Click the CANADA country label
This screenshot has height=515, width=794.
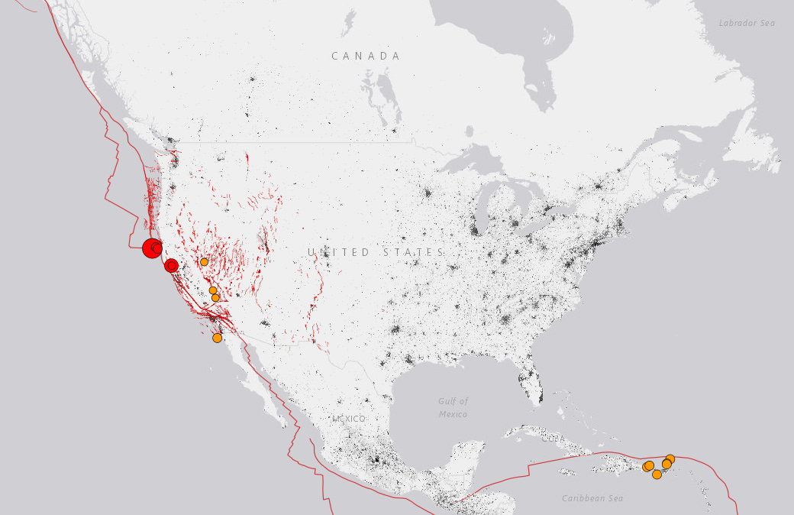366,56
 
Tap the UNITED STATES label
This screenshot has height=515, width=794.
376,252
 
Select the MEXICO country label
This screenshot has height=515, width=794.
349,419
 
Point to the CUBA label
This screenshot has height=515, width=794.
554,439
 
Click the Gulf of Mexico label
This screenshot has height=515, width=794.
453,407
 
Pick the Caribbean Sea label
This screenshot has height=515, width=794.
592,498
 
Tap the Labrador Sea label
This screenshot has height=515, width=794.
747,23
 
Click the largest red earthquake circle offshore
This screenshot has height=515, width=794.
152,248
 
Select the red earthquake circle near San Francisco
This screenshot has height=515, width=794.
172,265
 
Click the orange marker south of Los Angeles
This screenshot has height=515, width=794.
217,338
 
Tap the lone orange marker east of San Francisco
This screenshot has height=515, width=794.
204,262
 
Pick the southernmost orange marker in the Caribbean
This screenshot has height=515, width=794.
657,475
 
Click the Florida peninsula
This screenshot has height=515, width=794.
533,382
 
